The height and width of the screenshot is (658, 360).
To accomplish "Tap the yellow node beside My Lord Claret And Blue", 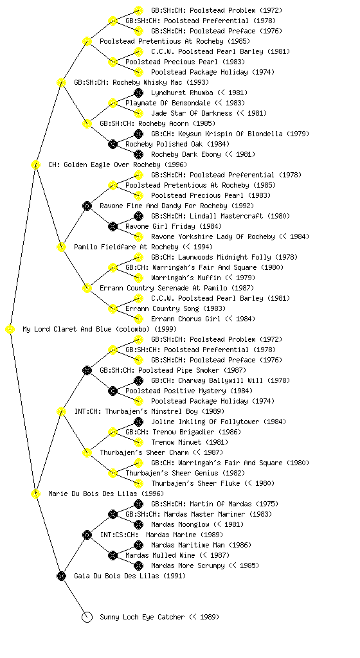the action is [x=10, y=330].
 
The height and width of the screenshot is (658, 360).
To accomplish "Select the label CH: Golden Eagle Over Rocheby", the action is [x=104, y=164].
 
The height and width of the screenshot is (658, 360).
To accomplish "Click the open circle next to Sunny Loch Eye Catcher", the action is [x=87, y=617].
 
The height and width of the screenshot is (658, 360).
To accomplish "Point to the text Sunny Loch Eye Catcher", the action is [x=142, y=617].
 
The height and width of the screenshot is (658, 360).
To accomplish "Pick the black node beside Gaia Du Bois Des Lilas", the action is [x=61, y=576].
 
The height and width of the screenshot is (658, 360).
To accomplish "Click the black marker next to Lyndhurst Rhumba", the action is [x=138, y=93].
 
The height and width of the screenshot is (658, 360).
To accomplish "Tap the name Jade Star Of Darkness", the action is [x=192, y=113].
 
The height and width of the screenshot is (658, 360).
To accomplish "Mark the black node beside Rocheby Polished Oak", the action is [x=113, y=144].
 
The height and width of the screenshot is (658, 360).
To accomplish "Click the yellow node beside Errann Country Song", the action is [x=113, y=308].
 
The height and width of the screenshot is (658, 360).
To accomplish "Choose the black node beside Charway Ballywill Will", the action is [x=138, y=380].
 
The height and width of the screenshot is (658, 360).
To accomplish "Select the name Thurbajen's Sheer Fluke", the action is [x=195, y=483].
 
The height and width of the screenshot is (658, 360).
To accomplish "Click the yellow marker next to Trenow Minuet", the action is [x=138, y=442].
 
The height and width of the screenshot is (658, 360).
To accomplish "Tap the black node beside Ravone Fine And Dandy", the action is [x=87, y=206].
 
